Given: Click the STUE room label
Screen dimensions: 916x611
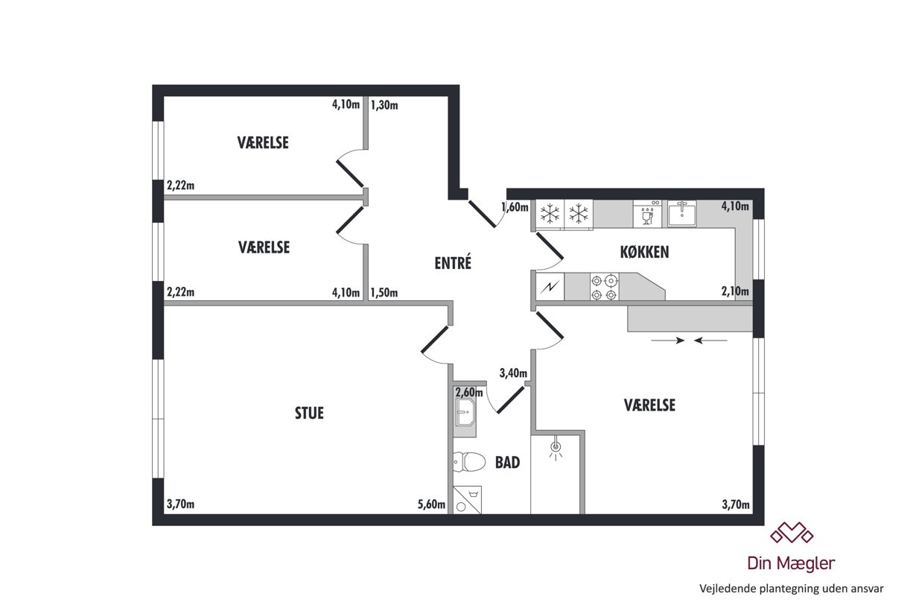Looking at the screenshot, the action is coord(309,413).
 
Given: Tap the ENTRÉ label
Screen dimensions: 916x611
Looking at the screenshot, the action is coord(453,262).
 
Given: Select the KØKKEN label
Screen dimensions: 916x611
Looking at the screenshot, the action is coord(644,252).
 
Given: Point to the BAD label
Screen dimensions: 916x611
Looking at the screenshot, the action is coord(507,463).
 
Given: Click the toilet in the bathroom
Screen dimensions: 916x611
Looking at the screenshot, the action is coord(469,462).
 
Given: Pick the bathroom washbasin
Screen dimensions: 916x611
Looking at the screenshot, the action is coord(465,412).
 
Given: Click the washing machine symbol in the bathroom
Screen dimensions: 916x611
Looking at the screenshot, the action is coord(468,500).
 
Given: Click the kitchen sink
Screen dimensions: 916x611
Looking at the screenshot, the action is coord(681,214).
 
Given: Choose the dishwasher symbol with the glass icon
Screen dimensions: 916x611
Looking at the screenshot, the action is coord(647,214).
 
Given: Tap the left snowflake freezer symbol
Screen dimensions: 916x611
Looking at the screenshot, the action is coord(550,214).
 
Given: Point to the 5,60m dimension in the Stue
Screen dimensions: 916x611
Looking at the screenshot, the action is coord(431,504).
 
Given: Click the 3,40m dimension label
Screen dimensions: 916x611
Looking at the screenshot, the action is coord(513,373).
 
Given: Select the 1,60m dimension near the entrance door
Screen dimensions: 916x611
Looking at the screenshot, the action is coord(515,207).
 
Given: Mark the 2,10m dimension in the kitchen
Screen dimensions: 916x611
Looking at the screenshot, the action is coord(735,291).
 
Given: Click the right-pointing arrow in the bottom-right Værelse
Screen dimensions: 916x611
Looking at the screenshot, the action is coord(668,341).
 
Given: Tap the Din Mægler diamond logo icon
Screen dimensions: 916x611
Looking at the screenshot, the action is coord(792,533).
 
